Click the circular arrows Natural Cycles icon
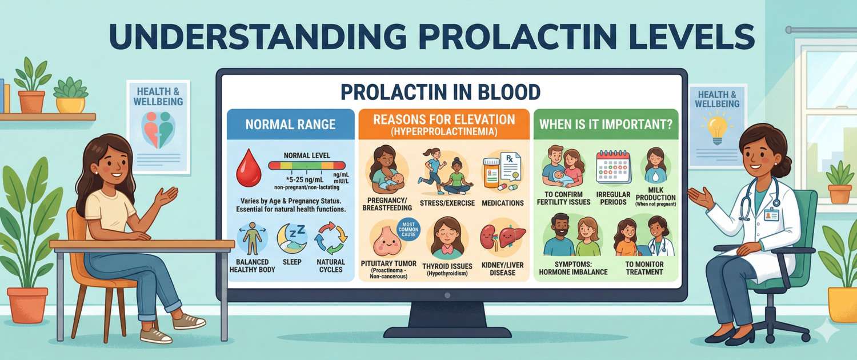(x=331, y=239)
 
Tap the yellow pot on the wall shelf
(x=71, y=105)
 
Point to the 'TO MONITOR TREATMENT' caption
(x=644, y=268)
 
